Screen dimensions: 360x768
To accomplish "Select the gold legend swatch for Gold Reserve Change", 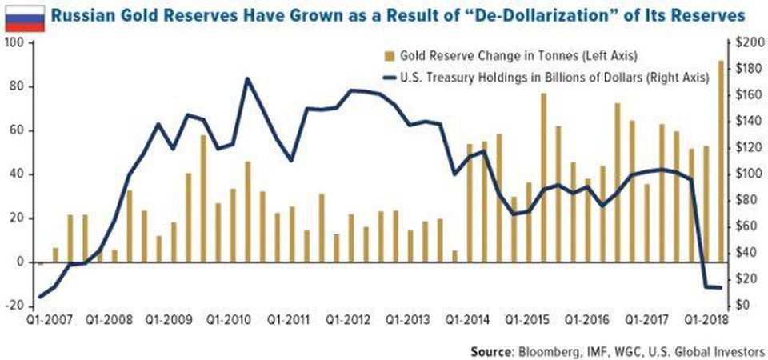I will pyautogui.click(x=389, y=56).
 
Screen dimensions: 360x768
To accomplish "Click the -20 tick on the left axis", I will pyautogui.click(x=14, y=305).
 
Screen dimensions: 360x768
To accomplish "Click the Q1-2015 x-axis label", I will pyautogui.click(x=528, y=319).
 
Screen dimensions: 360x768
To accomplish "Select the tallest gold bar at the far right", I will pyautogui.click(x=721, y=160).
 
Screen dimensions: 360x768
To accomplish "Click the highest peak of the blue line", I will pyautogui.click(x=247, y=78).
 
